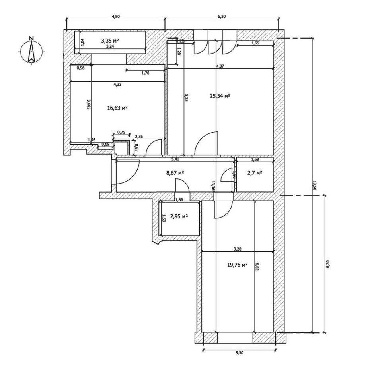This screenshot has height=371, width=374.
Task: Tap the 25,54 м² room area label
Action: tap(220, 96)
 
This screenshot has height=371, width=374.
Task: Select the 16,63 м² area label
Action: tap(117, 108)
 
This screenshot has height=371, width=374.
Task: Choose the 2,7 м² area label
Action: tap(255, 173)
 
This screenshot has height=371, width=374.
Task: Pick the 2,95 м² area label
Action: tap(179, 216)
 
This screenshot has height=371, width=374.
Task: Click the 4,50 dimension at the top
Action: tap(115, 17)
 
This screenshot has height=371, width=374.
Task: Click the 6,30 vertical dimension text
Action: tap(328, 263)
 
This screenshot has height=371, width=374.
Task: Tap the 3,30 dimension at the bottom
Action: tap(239, 352)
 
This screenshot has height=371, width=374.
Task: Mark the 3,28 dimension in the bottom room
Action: tap(238, 249)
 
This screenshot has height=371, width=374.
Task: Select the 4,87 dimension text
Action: tap(219, 66)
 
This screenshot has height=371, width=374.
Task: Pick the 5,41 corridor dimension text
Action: tap(175, 160)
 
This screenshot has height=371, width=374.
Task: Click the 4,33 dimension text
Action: tap(117, 84)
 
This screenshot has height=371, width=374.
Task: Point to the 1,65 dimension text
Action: tap(255, 44)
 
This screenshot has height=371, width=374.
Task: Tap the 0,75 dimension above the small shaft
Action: tap(122, 132)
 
